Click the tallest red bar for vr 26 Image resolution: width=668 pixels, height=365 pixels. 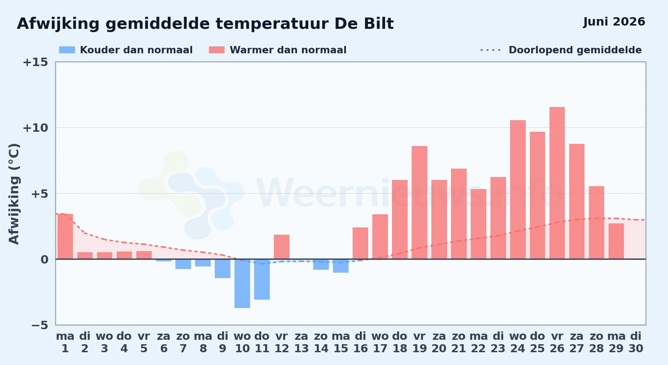[x=557, y=183]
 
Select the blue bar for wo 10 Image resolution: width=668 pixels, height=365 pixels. [x=242, y=284]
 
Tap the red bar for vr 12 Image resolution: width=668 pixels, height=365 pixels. [x=281, y=247]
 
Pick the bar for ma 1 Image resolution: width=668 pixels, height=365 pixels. [x=65, y=237]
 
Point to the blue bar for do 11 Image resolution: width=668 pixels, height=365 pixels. [x=262, y=279]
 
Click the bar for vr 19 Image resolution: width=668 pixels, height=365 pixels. [x=419, y=203]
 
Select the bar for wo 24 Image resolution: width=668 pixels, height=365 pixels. [x=518, y=189]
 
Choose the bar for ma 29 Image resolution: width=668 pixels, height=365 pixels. [x=616, y=241]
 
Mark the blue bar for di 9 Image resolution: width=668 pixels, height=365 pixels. [x=222, y=269]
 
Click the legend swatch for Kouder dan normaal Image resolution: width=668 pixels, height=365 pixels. [x=67, y=50]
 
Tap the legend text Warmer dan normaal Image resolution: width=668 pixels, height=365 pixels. [x=288, y=50]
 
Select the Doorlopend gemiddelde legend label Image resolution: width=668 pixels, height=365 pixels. [x=575, y=50]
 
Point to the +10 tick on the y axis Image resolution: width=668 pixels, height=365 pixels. [x=35, y=128]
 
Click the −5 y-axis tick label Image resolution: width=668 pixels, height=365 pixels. [x=40, y=325]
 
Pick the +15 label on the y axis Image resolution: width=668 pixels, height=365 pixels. [x=35, y=62]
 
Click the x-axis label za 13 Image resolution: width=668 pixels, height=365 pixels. [x=301, y=342]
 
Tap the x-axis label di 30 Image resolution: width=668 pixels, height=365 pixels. [x=636, y=342]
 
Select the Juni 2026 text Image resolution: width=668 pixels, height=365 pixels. [x=614, y=22]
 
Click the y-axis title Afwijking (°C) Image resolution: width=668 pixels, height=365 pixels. [x=14, y=194]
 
